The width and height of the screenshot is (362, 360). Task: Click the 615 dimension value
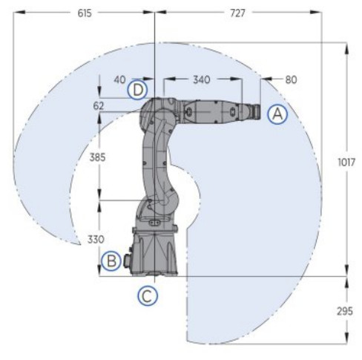click(85, 13)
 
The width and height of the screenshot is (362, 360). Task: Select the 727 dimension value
click(237, 13)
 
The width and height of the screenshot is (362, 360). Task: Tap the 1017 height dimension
click(346, 163)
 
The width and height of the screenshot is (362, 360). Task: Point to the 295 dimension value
click(345, 311)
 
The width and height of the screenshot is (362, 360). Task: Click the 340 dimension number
click(202, 79)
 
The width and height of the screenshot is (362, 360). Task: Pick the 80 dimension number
click(291, 79)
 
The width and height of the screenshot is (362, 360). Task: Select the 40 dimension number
click(119, 79)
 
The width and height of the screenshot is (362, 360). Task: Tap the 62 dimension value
click(99, 106)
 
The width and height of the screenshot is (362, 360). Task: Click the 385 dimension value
click(97, 157)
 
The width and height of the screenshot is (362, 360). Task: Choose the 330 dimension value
click(96, 239)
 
